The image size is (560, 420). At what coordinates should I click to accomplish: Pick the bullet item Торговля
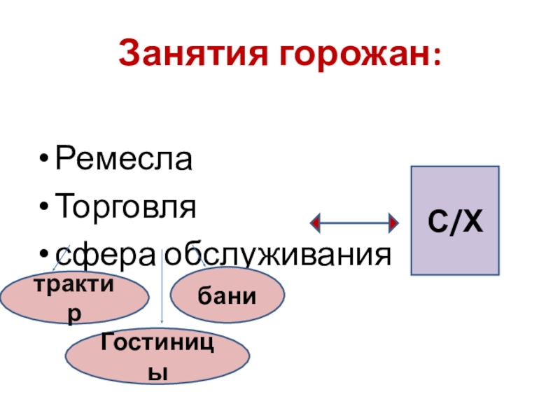click(x=125, y=208)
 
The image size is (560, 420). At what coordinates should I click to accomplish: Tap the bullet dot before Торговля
click(x=45, y=209)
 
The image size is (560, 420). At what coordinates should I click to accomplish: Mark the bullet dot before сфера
click(x=45, y=255)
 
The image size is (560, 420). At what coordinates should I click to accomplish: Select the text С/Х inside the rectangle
click(x=454, y=223)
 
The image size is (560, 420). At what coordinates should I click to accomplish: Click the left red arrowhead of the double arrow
click(x=316, y=223)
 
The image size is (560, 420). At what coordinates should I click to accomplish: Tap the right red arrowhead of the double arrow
click(x=393, y=223)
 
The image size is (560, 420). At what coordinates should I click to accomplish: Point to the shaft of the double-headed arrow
click(x=355, y=223)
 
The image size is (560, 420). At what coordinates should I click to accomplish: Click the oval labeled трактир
click(x=74, y=299)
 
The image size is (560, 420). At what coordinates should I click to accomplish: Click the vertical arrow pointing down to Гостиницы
click(x=162, y=294)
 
